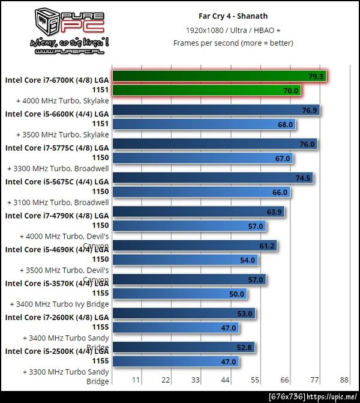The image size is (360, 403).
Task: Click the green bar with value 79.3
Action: (x=220, y=77)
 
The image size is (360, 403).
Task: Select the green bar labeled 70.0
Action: (x=206, y=91)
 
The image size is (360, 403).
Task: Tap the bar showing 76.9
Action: (x=216, y=111)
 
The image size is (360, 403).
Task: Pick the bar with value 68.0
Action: (x=204, y=124)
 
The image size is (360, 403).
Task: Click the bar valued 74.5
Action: (x=212, y=178)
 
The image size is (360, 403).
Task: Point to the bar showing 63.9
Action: (x=199, y=212)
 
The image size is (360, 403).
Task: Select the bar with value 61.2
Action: (x=195, y=246)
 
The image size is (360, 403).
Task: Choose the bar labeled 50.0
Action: (x=180, y=294)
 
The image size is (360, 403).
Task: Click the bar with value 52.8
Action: (x=184, y=347)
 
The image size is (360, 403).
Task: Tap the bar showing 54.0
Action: (x=185, y=260)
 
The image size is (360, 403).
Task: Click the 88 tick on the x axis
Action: (x=344, y=380)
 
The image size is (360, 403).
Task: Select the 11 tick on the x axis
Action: (x=136, y=380)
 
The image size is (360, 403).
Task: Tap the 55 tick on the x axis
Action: (x=254, y=380)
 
